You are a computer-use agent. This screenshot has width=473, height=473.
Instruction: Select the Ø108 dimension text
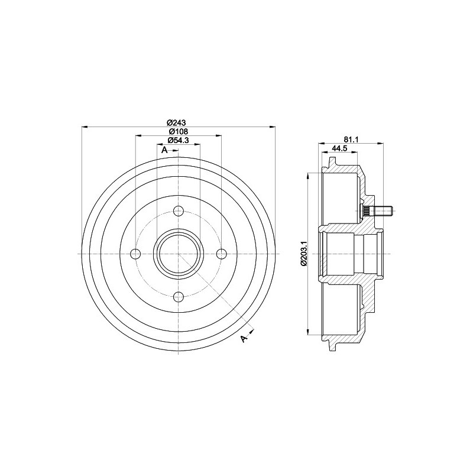[x=178, y=131]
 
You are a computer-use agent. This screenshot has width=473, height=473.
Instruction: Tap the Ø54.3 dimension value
[x=178, y=140]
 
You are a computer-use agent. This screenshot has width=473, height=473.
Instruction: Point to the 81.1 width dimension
[x=351, y=140]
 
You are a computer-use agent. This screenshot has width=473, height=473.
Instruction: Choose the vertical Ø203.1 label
[x=303, y=253]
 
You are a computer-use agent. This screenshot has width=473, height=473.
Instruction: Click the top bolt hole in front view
[x=179, y=211]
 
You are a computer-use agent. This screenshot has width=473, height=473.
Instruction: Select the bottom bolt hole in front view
[x=179, y=297]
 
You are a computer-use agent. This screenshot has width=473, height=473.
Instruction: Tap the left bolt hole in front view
[x=135, y=254]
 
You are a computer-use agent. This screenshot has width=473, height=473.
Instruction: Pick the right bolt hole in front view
[x=222, y=254]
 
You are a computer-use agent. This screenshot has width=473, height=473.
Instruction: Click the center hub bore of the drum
[x=179, y=254]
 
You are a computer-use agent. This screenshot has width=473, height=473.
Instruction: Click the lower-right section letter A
[x=244, y=338]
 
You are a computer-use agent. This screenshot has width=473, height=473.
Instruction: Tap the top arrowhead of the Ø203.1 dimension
[x=309, y=176]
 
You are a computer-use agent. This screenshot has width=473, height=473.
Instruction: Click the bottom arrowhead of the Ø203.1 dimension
[x=309, y=332]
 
